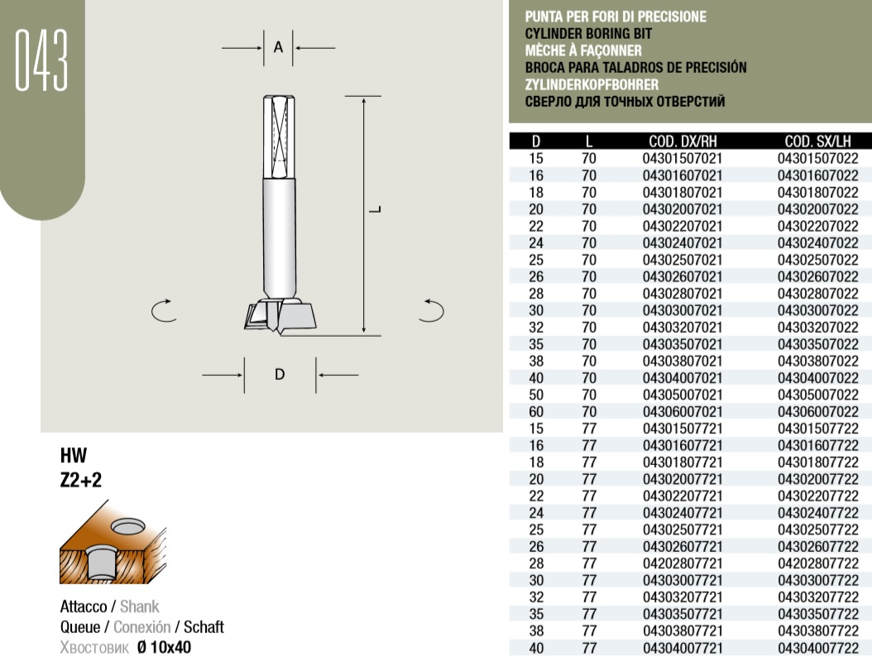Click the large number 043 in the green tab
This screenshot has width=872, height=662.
click(41, 60)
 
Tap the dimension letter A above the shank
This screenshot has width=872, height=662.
click(278, 48)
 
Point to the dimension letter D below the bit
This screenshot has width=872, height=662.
click(280, 374)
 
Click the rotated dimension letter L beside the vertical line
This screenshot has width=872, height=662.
click(376, 209)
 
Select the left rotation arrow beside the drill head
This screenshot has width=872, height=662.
click(163, 310)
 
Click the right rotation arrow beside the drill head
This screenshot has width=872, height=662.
click(432, 310)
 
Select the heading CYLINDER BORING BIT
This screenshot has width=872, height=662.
click(588, 33)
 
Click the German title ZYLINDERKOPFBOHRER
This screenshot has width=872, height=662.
click(592, 84)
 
